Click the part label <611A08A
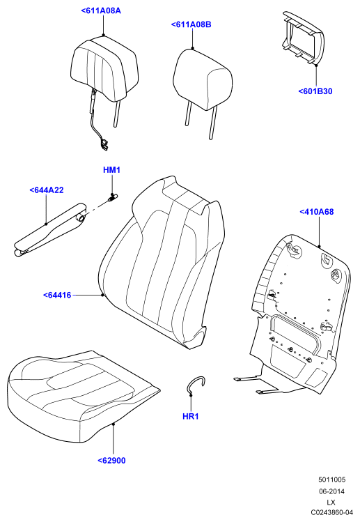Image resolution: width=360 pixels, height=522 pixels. click(x=101, y=10)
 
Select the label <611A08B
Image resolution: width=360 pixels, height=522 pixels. click(x=191, y=24)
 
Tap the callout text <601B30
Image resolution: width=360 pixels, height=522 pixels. click(x=315, y=91)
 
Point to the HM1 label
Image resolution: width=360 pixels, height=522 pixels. click(x=112, y=170)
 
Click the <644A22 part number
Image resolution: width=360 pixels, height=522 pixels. click(x=47, y=190)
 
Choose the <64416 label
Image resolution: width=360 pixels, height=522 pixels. click(x=57, y=295)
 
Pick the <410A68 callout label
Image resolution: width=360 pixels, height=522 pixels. click(x=317, y=212)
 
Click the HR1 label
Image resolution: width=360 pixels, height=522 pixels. click(x=191, y=416)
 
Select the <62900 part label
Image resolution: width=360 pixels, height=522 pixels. click(x=112, y=461)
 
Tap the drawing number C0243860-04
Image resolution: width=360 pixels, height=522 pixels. click(x=331, y=512)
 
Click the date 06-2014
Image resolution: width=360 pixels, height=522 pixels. click(x=331, y=491)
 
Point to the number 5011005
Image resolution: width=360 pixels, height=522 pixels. click(x=331, y=479)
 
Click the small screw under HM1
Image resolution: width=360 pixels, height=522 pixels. click(x=113, y=197)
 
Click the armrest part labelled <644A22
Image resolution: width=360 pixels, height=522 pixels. click(x=50, y=231)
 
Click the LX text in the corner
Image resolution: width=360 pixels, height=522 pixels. click(x=331, y=502)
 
